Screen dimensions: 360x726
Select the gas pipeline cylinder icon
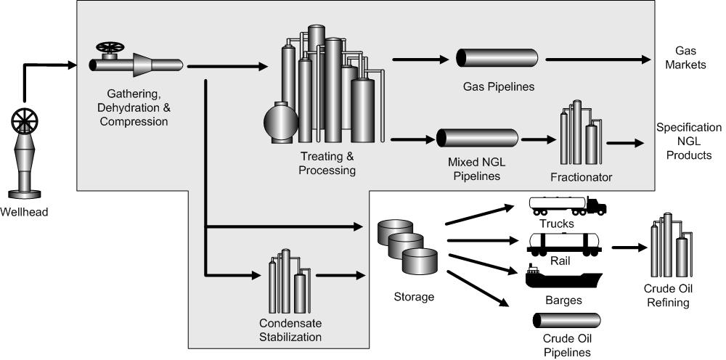(497, 60)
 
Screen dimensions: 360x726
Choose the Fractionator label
(581, 176)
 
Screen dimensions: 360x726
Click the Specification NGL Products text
(689, 141)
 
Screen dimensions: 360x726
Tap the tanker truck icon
(567, 206)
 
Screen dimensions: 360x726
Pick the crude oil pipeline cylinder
(567, 321)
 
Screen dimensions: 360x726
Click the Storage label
(414, 296)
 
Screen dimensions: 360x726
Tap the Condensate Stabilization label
(290, 330)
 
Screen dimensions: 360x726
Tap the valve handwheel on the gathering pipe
(110, 49)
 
